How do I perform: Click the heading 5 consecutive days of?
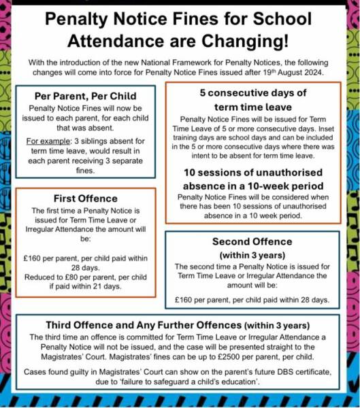coord(254,92)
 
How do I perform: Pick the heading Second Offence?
coord(252,241)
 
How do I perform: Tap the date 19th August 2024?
coord(301,72)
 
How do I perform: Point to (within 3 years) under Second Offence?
coord(252,254)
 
